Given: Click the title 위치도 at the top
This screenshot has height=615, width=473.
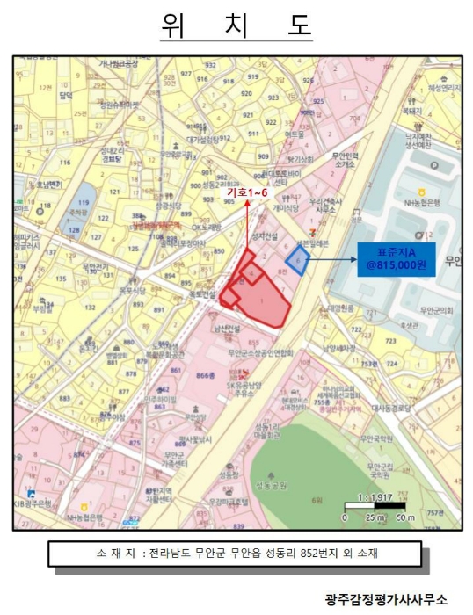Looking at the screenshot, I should (x=236, y=25).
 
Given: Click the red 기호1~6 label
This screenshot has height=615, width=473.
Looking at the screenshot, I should (x=249, y=192).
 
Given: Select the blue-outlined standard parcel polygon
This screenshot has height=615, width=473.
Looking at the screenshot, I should (x=297, y=261).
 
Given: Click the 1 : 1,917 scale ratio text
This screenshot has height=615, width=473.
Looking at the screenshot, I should (x=373, y=498).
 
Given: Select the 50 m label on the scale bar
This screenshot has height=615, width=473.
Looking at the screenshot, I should (x=404, y=517).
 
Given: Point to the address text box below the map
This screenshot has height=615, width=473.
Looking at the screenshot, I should (x=236, y=553).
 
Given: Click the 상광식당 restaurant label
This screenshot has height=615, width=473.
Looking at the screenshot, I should (x=166, y=206).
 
